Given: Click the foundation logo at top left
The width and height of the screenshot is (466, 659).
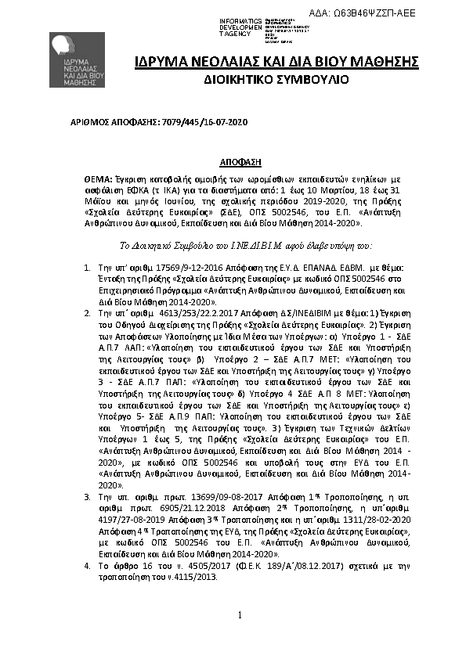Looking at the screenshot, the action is coord(78,62).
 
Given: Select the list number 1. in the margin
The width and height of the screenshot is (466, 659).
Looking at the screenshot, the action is coord(87,269).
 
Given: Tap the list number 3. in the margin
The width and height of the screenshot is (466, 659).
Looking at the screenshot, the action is coord(87,497).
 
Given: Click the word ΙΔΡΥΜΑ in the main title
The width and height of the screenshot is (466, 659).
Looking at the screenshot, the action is coord(161,61).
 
